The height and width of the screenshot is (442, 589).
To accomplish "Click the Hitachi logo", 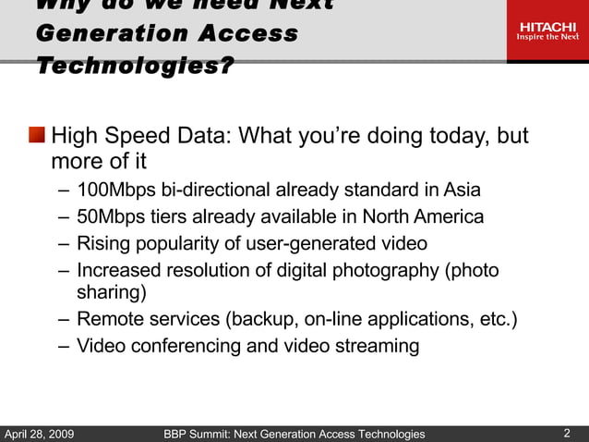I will click(547, 31).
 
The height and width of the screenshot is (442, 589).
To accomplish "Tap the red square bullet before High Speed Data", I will click(37, 137).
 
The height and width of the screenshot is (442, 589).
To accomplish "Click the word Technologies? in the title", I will click(135, 67).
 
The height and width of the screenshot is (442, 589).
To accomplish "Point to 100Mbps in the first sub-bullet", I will click(116, 191).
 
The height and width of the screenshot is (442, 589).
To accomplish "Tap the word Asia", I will click(462, 191).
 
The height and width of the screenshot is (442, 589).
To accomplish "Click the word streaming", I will click(374, 347).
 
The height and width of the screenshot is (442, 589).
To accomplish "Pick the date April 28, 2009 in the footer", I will click(40, 434).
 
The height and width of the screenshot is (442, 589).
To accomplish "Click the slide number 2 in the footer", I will click(567, 433).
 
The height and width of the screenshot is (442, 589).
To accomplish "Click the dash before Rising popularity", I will click(61, 244).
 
